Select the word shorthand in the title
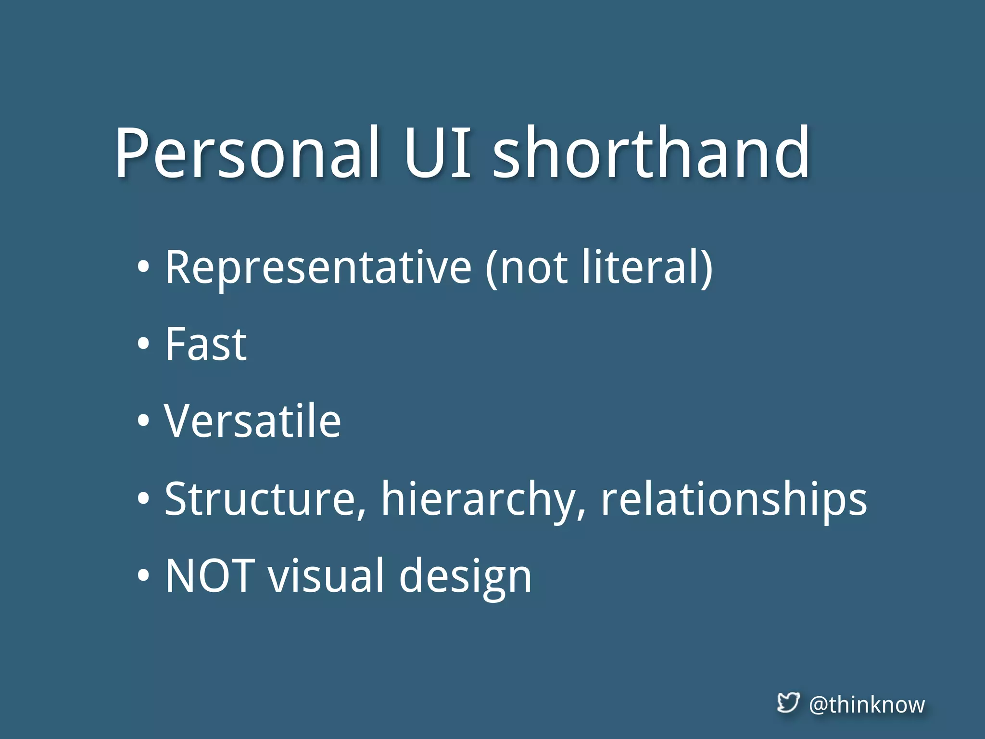(x=651, y=153)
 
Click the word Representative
(x=318, y=268)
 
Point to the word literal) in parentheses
(x=647, y=268)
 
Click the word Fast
(x=205, y=344)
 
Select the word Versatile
(x=253, y=421)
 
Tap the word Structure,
(x=265, y=499)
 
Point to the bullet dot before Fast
(x=143, y=344)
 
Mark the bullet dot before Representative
(x=143, y=268)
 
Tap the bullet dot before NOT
(x=143, y=575)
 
